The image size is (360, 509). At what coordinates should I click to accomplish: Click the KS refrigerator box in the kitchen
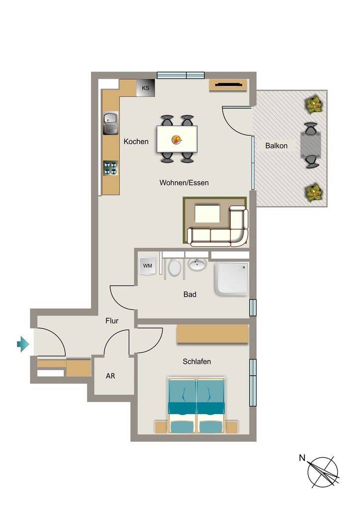click(x=145, y=87)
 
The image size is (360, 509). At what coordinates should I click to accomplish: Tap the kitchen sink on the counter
click(x=111, y=123)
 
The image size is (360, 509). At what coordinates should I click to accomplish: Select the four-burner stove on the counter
click(x=110, y=168)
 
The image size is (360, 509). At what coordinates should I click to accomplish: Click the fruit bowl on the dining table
click(x=176, y=140)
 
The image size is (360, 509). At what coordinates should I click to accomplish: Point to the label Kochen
click(x=136, y=142)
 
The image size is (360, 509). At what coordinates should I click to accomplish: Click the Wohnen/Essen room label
click(x=184, y=183)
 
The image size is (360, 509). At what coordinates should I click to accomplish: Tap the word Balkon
click(x=276, y=146)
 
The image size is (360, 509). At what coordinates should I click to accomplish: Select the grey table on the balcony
click(x=311, y=145)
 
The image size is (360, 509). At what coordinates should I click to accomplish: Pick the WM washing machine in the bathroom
click(x=147, y=266)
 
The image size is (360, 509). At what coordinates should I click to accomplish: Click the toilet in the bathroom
click(x=175, y=267)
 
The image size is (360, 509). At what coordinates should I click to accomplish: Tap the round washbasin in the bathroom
click(x=197, y=264)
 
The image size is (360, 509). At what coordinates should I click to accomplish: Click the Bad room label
click(x=190, y=294)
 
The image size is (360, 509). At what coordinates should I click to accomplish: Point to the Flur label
click(x=112, y=321)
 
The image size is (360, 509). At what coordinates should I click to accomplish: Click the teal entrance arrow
click(x=23, y=344)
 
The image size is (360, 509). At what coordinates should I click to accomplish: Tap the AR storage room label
click(x=110, y=376)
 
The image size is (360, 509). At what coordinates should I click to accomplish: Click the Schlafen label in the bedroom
click(x=197, y=361)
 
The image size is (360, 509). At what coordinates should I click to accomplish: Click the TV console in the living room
click(x=229, y=85)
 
